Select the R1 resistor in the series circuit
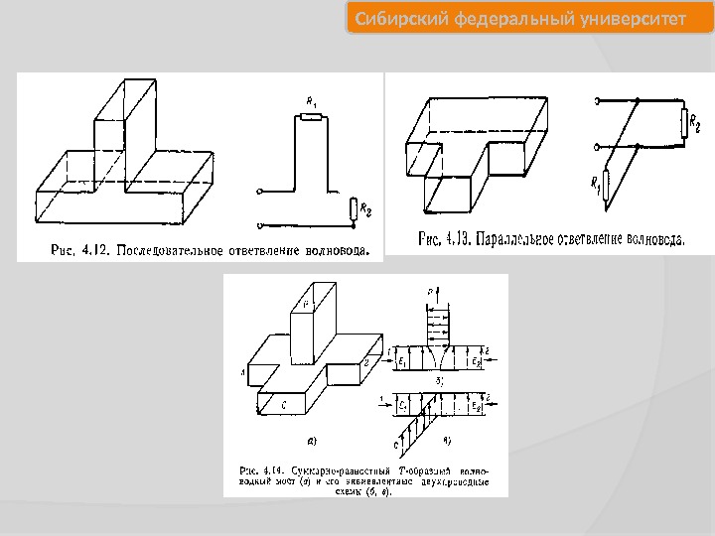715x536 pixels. pyautogui.click(x=311, y=117)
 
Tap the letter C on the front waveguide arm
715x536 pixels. pyautogui.click(x=285, y=404)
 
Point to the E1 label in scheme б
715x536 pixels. pyautogui.click(x=401, y=362)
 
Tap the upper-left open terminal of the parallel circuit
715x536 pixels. pyautogui.click(x=597, y=100)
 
